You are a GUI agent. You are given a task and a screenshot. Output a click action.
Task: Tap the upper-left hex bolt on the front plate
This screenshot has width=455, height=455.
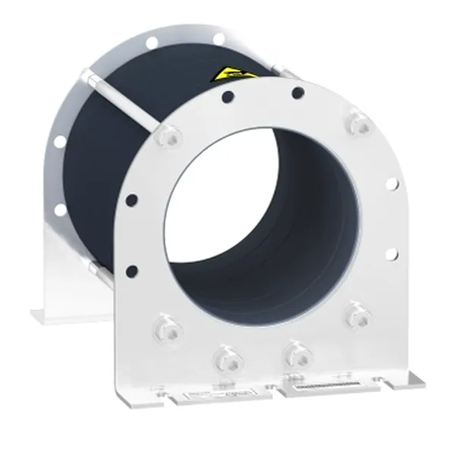click(168, 137)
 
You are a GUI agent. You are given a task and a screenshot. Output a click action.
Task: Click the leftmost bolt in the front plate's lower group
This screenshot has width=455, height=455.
click(165, 328)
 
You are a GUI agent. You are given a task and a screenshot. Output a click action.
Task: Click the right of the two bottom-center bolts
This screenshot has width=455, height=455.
click(290, 350)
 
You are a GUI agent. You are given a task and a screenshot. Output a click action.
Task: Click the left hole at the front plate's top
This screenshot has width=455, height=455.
click(226, 97)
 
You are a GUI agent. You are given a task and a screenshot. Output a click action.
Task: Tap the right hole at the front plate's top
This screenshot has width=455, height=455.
click(298, 93)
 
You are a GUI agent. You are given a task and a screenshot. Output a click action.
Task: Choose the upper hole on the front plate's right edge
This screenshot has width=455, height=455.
click(391, 184)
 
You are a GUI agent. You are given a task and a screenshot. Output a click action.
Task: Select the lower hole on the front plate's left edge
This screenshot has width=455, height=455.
click(132, 270)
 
